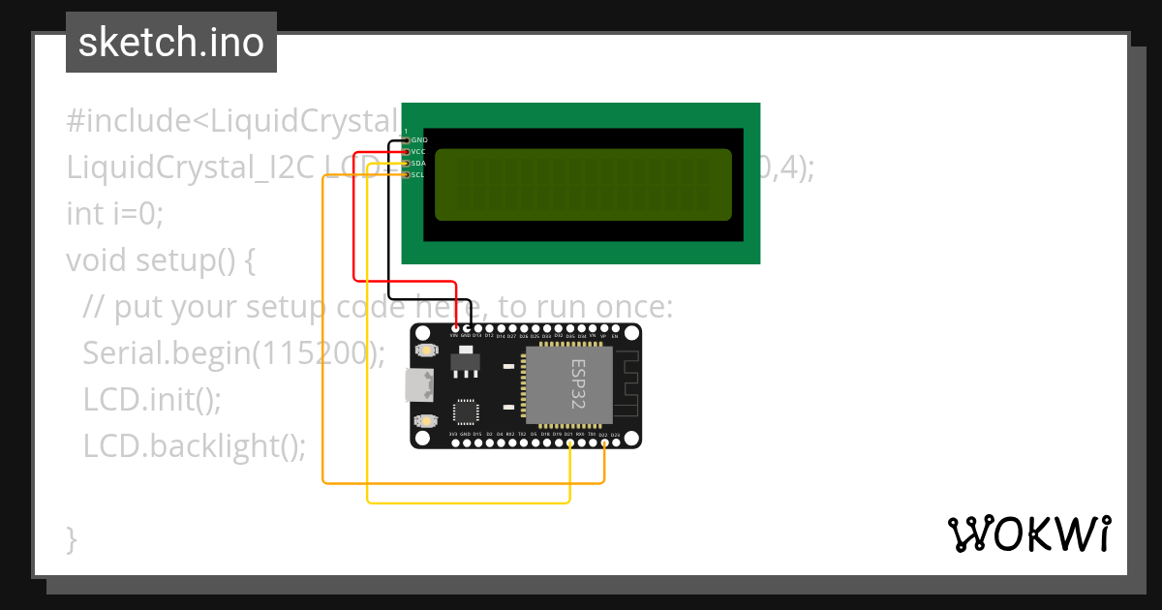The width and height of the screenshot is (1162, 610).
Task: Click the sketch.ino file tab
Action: [x=170, y=43]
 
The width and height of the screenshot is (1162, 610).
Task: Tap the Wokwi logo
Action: [x=1027, y=534]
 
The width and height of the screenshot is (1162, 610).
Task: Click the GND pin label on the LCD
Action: [x=419, y=140]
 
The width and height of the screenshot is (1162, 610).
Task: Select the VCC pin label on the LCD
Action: [x=419, y=152]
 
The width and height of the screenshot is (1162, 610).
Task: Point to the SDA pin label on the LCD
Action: [x=419, y=164]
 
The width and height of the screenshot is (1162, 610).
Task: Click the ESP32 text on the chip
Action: [x=578, y=384]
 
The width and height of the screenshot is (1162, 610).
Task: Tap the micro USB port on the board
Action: [x=420, y=385]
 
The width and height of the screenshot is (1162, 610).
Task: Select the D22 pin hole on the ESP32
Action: [x=603, y=442]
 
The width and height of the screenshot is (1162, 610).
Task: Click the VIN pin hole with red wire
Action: [x=454, y=329]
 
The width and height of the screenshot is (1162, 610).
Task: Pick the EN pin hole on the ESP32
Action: [x=614, y=329]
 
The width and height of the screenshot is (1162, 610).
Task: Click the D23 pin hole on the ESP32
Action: [x=615, y=442]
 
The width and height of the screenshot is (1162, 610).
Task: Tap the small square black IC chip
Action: [x=465, y=411]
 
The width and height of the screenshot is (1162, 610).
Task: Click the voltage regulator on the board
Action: [x=465, y=362]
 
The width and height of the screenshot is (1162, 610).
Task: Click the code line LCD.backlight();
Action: [x=194, y=446]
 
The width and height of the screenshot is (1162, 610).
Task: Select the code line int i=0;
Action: [x=114, y=214]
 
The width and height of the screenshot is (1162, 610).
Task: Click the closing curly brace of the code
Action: [x=71, y=538]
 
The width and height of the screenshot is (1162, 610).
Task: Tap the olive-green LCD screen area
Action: [x=582, y=184]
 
